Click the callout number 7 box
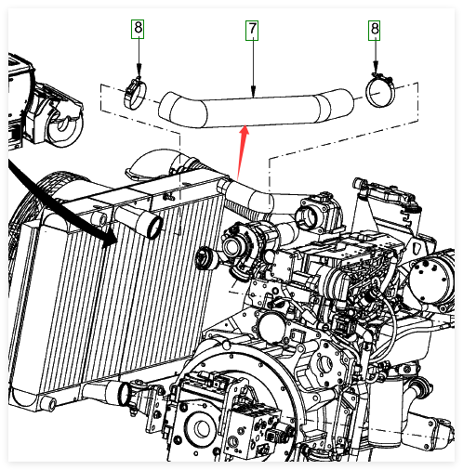(x=252, y=31)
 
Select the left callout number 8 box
(x=138, y=29)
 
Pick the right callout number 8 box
(x=375, y=31)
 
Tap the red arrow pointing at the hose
(x=242, y=152)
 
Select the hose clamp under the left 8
(x=135, y=93)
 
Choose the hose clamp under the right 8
(x=380, y=90)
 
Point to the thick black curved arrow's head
(x=110, y=239)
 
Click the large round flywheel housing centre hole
(x=202, y=428)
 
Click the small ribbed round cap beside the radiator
(x=205, y=258)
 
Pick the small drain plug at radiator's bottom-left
(x=52, y=404)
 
